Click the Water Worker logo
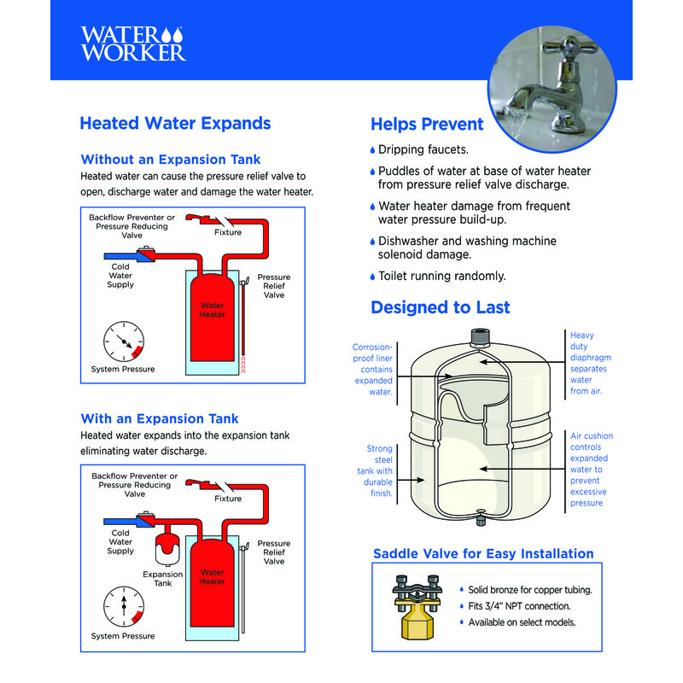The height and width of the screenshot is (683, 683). click(x=131, y=43)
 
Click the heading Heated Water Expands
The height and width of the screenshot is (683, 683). click(x=175, y=123)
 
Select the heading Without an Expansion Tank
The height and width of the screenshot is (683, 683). click(x=170, y=160)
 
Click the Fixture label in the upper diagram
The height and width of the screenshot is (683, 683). click(x=228, y=232)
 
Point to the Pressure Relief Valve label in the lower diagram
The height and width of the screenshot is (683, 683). click(x=274, y=552)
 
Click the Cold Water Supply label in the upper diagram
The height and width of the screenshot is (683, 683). click(x=120, y=276)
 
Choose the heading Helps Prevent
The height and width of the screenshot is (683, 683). click(x=427, y=125)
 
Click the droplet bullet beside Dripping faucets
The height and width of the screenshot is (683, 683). click(x=373, y=150)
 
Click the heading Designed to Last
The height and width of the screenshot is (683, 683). click(x=440, y=307)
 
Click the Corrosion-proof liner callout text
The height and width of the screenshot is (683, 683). click(x=373, y=370)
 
